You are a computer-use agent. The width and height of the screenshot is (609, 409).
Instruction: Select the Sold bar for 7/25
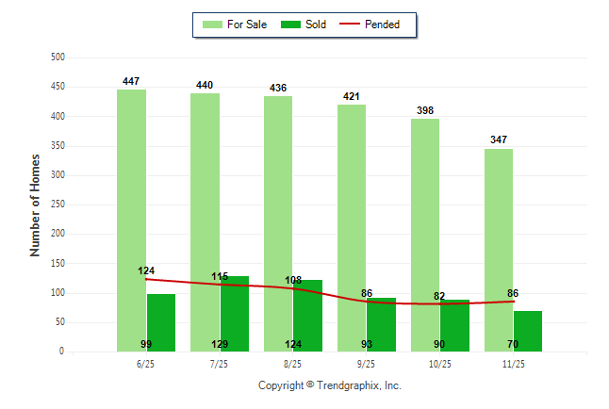(x=235, y=311)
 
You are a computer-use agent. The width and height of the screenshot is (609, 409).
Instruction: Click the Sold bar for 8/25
(x=308, y=311)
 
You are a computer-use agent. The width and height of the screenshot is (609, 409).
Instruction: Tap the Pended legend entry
(x=382, y=25)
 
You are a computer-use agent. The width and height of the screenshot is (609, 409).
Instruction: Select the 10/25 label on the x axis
(x=439, y=363)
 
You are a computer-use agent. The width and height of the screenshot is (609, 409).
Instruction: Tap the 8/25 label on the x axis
(x=292, y=363)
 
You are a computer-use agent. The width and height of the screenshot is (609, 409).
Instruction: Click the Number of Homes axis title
(x=35, y=205)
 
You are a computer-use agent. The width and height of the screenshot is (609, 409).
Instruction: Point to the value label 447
(x=131, y=82)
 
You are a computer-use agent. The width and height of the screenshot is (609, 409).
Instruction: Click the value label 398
(x=425, y=110)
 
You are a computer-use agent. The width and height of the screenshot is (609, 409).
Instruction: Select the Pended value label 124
(x=146, y=271)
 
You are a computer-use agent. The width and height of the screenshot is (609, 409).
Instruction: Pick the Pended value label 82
(x=439, y=296)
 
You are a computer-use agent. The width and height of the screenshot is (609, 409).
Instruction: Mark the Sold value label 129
(x=220, y=344)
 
